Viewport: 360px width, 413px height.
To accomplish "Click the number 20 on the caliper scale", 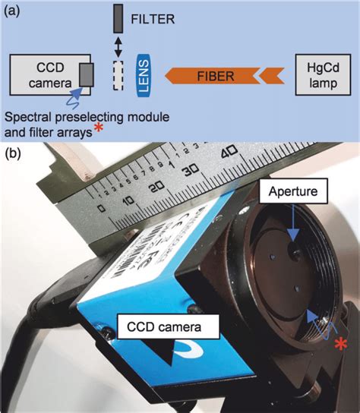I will pos(157,188).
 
